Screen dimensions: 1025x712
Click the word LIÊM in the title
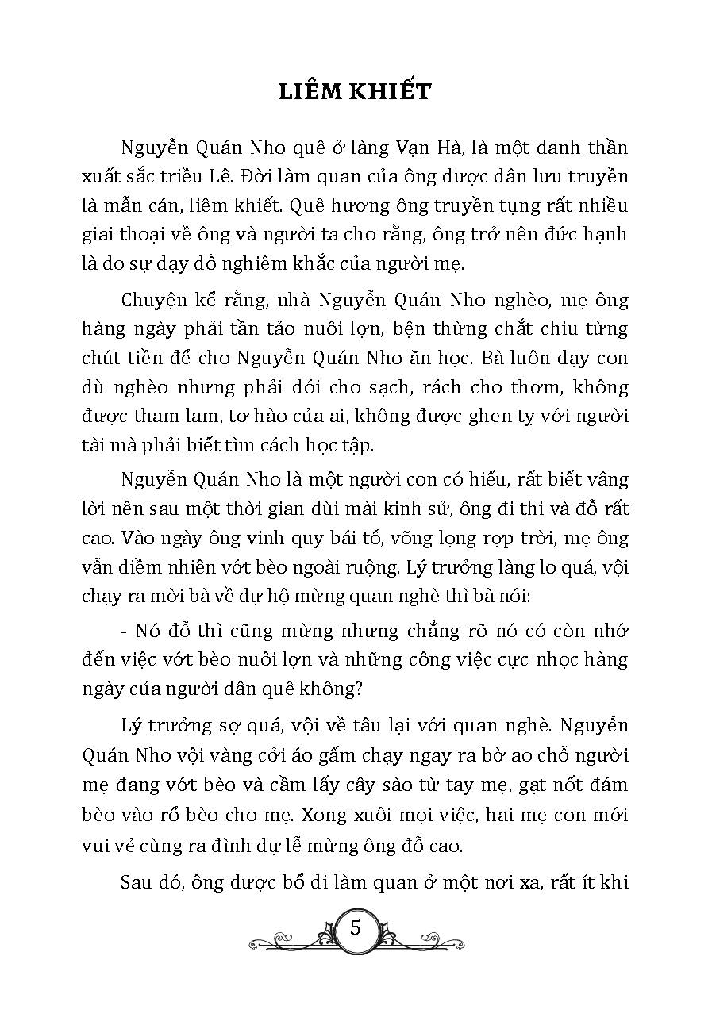(311, 92)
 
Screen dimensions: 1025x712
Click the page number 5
(355, 927)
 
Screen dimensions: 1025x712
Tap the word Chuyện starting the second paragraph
(153, 300)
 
